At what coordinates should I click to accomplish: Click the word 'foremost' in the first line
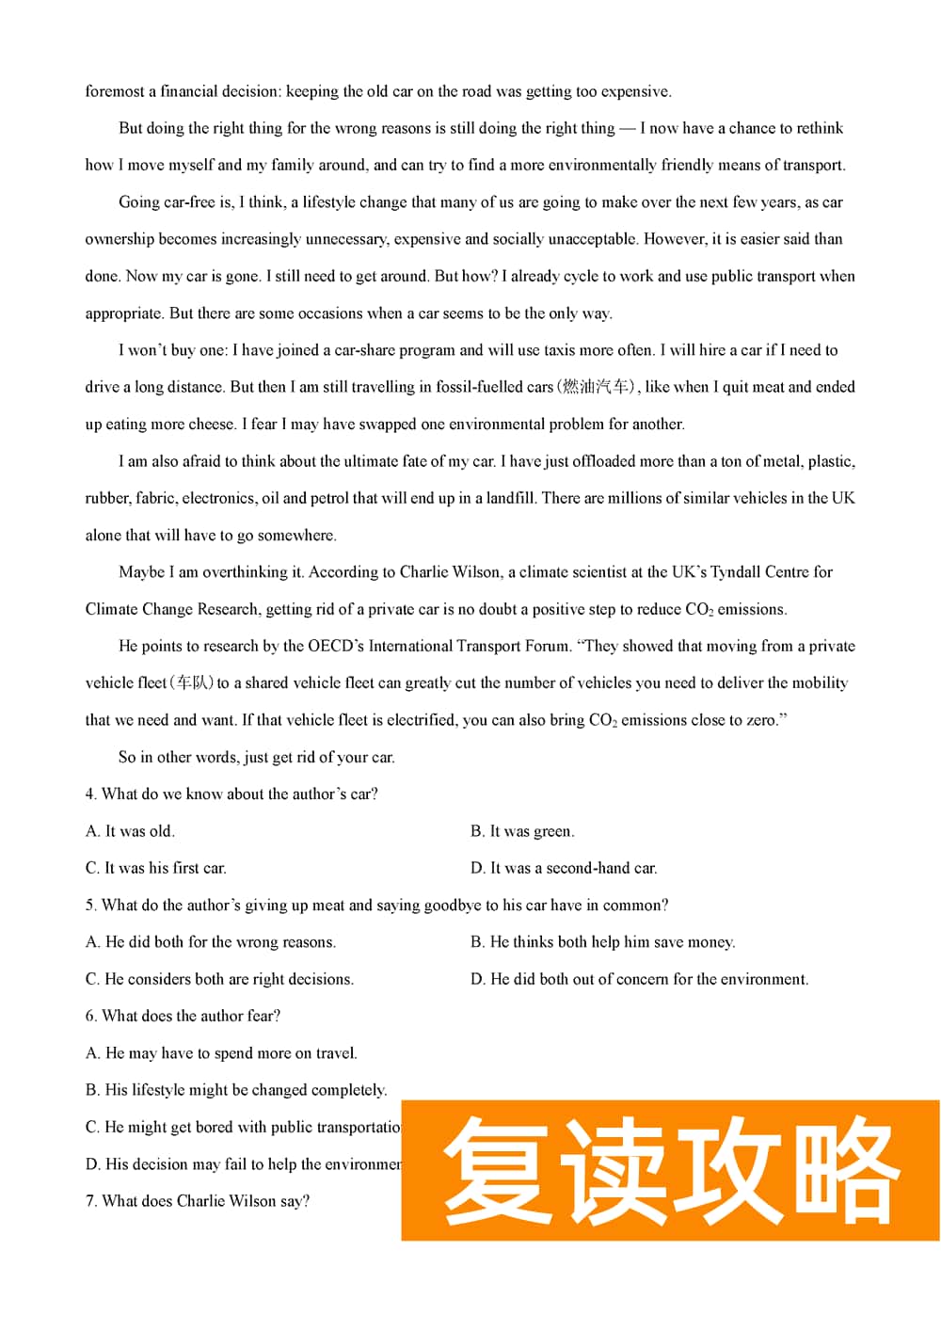[x=115, y=91]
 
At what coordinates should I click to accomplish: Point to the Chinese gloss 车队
[x=192, y=682]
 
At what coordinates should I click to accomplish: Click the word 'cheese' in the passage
[x=203, y=424]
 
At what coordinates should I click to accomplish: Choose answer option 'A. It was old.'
[x=130, y=831]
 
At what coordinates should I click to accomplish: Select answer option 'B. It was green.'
[x=522, y=831]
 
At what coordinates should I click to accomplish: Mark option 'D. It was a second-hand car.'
[x=564, y=868]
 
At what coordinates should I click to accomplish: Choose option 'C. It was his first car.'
[x=155, y=868]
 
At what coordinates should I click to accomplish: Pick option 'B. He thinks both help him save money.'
[x=602, y=941]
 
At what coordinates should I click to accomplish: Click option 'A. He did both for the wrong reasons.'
[x=210, y=941]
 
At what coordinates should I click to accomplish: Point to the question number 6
[x=90, y=1016]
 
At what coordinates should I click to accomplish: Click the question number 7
[x=90, y=1200]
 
